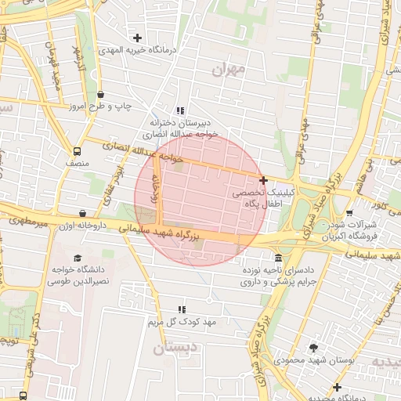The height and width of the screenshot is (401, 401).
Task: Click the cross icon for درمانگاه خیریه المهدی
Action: [x=138, y=38]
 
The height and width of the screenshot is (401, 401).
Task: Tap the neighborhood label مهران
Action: [x=229, y=70]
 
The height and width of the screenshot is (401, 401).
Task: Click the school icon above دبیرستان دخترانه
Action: [x=181, y=111]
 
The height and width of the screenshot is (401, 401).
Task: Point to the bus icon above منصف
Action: [x=77, y=151]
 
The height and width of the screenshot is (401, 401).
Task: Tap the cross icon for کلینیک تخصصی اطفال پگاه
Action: [x=263, y=180]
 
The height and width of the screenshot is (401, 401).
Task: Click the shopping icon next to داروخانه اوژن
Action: [x=83, y=213]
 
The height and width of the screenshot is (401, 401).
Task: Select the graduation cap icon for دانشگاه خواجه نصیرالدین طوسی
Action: [x=77, y=258]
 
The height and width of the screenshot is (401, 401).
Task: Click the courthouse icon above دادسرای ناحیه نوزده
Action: [x=279, y=258]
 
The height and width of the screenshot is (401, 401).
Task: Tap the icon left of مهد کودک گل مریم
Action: [x=182, y=310]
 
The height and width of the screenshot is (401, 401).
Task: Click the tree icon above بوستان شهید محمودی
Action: [x=314, y=348]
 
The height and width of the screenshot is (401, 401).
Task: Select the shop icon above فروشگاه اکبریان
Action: [x=349, y=212]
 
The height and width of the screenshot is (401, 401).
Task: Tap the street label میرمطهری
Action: [x=29, y=222]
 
